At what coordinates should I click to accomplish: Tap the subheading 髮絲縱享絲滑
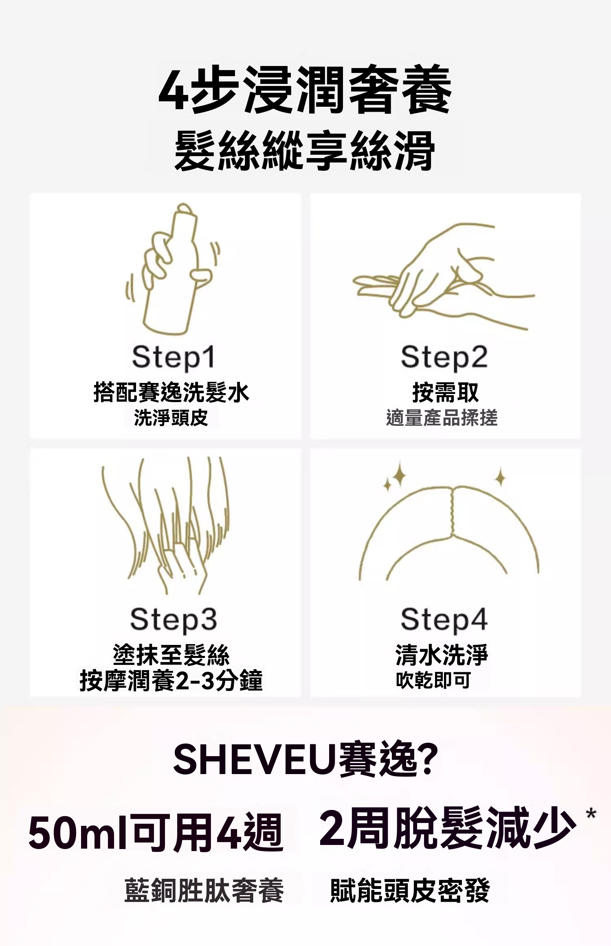pos(305,150)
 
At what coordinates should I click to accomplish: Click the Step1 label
pos(173,357)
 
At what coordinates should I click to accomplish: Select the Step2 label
pos(444,357)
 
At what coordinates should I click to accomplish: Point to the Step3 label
pos(174,620)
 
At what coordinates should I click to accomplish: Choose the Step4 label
pos(444,620)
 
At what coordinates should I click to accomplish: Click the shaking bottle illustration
pos(173,269)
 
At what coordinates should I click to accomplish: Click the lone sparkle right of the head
pos(501,477)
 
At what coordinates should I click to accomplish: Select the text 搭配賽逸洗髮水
pos(171,392)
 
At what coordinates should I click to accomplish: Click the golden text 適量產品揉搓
pos(442,418)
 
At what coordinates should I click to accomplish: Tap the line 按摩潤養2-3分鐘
pos(171,680)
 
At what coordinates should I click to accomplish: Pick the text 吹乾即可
pos(433,680)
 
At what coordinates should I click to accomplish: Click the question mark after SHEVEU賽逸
pos(428,759)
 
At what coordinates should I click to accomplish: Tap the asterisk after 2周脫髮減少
pos(591,814)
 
